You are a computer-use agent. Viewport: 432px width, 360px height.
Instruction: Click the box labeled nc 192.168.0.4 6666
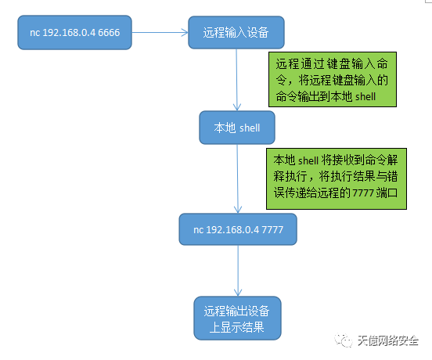74,33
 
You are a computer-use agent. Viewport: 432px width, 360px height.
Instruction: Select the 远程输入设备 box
236,33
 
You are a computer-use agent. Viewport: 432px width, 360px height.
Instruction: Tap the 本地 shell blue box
237,128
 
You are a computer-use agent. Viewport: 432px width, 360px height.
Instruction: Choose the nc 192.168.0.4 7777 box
238,229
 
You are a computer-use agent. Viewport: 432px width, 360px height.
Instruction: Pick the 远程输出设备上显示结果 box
237,319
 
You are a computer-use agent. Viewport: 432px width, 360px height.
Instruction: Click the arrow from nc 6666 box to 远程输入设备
160,33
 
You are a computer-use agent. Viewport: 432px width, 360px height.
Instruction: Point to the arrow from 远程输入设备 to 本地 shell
236,80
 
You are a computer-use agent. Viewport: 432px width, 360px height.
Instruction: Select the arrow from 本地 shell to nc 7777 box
237,178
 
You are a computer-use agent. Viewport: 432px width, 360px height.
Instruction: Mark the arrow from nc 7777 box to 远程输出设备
238,271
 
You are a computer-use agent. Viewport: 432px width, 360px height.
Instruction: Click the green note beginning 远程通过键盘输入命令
333,79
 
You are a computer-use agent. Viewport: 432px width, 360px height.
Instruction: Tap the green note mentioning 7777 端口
337,178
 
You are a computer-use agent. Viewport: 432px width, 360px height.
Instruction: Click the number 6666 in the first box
109,33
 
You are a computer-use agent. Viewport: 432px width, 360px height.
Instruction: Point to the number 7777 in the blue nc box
272,230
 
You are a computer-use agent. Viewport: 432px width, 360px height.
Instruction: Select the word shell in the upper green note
365,97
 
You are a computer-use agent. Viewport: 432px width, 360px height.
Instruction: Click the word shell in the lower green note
308,160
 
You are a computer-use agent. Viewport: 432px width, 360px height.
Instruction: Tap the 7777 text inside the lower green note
363,193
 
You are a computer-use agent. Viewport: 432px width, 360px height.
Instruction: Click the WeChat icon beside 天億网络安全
344,340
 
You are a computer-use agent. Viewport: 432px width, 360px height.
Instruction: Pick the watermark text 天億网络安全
388,340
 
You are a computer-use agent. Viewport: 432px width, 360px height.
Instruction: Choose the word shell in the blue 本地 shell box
250,128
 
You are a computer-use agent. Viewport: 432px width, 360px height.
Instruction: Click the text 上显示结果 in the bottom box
237,327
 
